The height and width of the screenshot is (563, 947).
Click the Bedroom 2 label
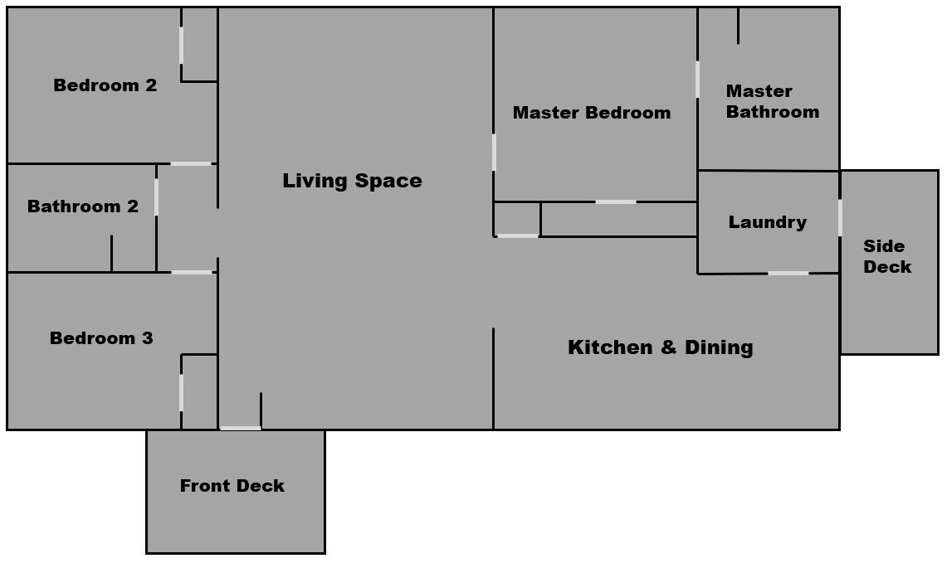point(105,85)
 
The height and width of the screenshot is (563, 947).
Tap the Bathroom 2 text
point(83,206)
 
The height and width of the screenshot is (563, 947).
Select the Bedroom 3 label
point(101,338)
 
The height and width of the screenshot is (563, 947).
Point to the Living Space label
point(352,181)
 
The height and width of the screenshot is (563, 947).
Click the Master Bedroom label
point(592,113)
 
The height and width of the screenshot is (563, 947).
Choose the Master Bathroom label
point(773,101)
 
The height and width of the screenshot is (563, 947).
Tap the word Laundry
point(768,222)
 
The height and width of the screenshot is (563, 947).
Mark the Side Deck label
point(887,256)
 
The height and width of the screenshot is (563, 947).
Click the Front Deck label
point(232,486)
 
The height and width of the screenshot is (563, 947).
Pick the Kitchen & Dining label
point(661,347)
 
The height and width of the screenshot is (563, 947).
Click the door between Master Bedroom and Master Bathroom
point(697,79)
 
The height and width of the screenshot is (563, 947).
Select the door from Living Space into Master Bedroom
point(494,152)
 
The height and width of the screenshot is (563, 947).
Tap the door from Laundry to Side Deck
point(840,218)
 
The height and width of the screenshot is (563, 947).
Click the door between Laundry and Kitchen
point(788,274)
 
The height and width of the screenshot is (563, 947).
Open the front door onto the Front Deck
point(241,429)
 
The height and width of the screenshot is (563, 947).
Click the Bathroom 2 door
point(156,197)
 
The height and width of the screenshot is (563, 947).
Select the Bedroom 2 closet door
point(181,46)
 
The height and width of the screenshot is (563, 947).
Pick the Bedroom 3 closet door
point(181,393)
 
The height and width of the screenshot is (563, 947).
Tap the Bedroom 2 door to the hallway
point(191,163)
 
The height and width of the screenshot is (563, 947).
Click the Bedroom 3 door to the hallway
point(192,272)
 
